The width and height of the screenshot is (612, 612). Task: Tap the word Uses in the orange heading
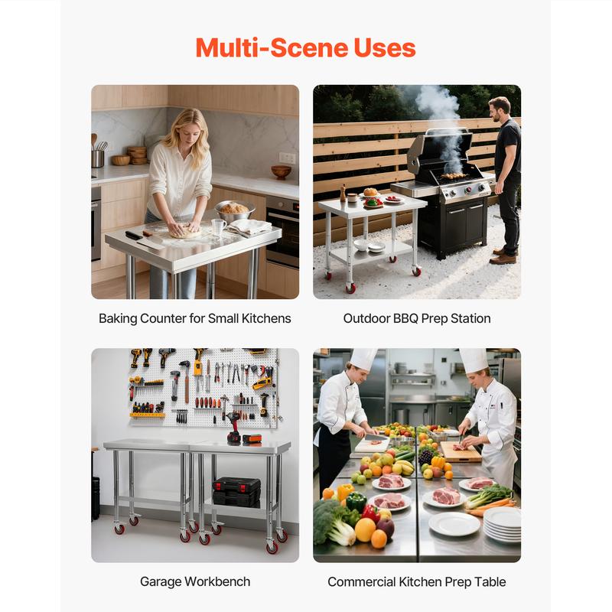pyautogui.click(x=385, y=47)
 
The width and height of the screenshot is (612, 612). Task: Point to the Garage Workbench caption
pyautogui.click(x=195, y=581)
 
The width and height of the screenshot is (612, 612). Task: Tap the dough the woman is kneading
pyautogui.click(x=186, y=232)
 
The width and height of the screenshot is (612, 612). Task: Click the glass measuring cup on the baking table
pyautogui.click(x=218, y=227)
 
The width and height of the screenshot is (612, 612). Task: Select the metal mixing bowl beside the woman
pyautogui.click(x=234, y=212)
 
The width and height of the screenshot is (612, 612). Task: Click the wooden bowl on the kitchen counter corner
pyautogui.click(x=281, y=171)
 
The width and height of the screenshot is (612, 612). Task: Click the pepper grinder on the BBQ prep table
pyautogui.click(x=343, y=194)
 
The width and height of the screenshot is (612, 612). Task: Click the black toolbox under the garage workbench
pyautogui.click(x=236, y=492)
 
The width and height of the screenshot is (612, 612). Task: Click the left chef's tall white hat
pyautogui.click(x=363, y=359)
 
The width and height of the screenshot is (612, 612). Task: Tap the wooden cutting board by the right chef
pyautogui.click(x=461, y=451)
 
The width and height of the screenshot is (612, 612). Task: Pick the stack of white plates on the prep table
pyautogui.click(x=503, y=524)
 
